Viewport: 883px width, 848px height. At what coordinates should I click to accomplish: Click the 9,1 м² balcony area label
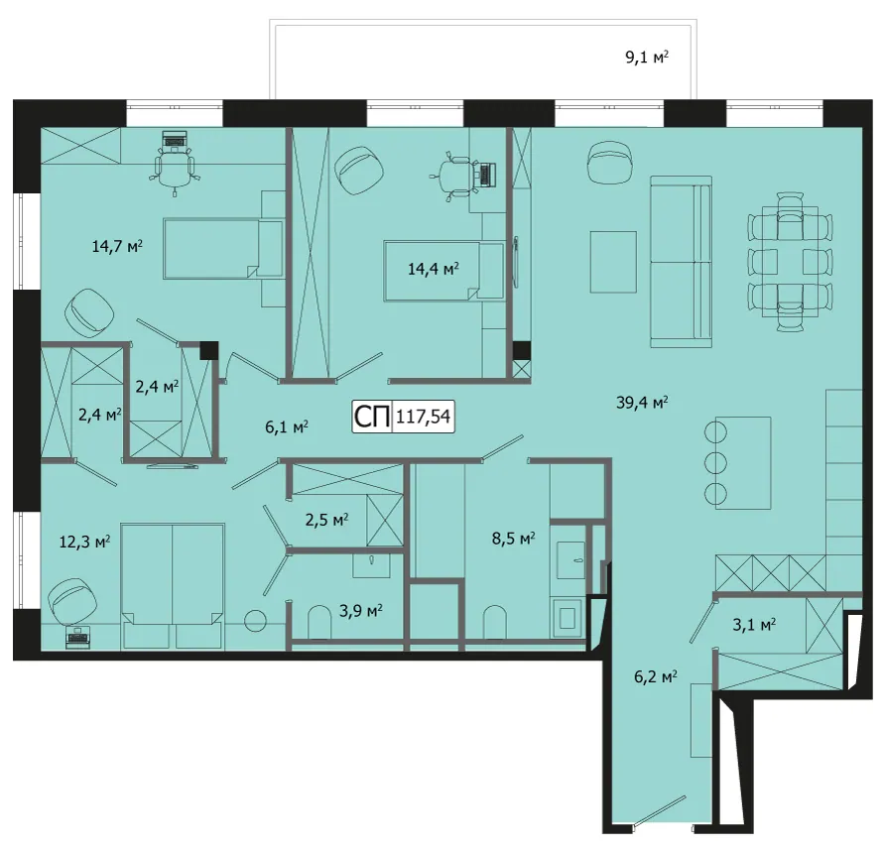(x=647, y=57)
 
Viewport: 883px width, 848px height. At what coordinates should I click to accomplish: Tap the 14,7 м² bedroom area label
(x=117, y=246)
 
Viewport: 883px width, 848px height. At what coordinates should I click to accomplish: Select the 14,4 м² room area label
(x=433, y=269)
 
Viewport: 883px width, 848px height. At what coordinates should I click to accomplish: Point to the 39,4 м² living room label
(x=642, y=403)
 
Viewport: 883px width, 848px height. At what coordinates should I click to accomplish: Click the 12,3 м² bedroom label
(x=84, y=542)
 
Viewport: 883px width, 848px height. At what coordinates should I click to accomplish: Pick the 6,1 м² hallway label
(x=286, y=427)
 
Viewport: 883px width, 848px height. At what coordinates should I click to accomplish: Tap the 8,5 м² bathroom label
(x=514, y=539)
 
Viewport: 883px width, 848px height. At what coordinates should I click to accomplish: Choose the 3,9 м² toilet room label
(x=361, y=610)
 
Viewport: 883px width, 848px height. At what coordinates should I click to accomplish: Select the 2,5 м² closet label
(x=326, y=519)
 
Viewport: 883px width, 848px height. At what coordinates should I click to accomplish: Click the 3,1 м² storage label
(x=754, y=625)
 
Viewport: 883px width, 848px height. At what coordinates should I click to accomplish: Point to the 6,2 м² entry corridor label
(x=656, y=676)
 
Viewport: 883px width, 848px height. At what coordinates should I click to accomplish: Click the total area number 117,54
(x=424, y=417)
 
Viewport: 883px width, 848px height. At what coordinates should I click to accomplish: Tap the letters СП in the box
(x=372, y=417)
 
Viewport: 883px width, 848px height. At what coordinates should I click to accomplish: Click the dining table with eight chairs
(x=790, y=261)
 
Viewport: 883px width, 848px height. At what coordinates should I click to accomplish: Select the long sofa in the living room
(x=681, y=261)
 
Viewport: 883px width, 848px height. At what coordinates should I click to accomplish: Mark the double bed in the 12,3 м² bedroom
(x=173, y=585)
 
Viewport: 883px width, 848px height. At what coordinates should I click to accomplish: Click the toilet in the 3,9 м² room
(x=319, y=622)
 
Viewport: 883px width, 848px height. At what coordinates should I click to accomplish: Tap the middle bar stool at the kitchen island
(x=715, y=463)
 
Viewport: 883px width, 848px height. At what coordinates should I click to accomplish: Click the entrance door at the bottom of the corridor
(x=660, y=811)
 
